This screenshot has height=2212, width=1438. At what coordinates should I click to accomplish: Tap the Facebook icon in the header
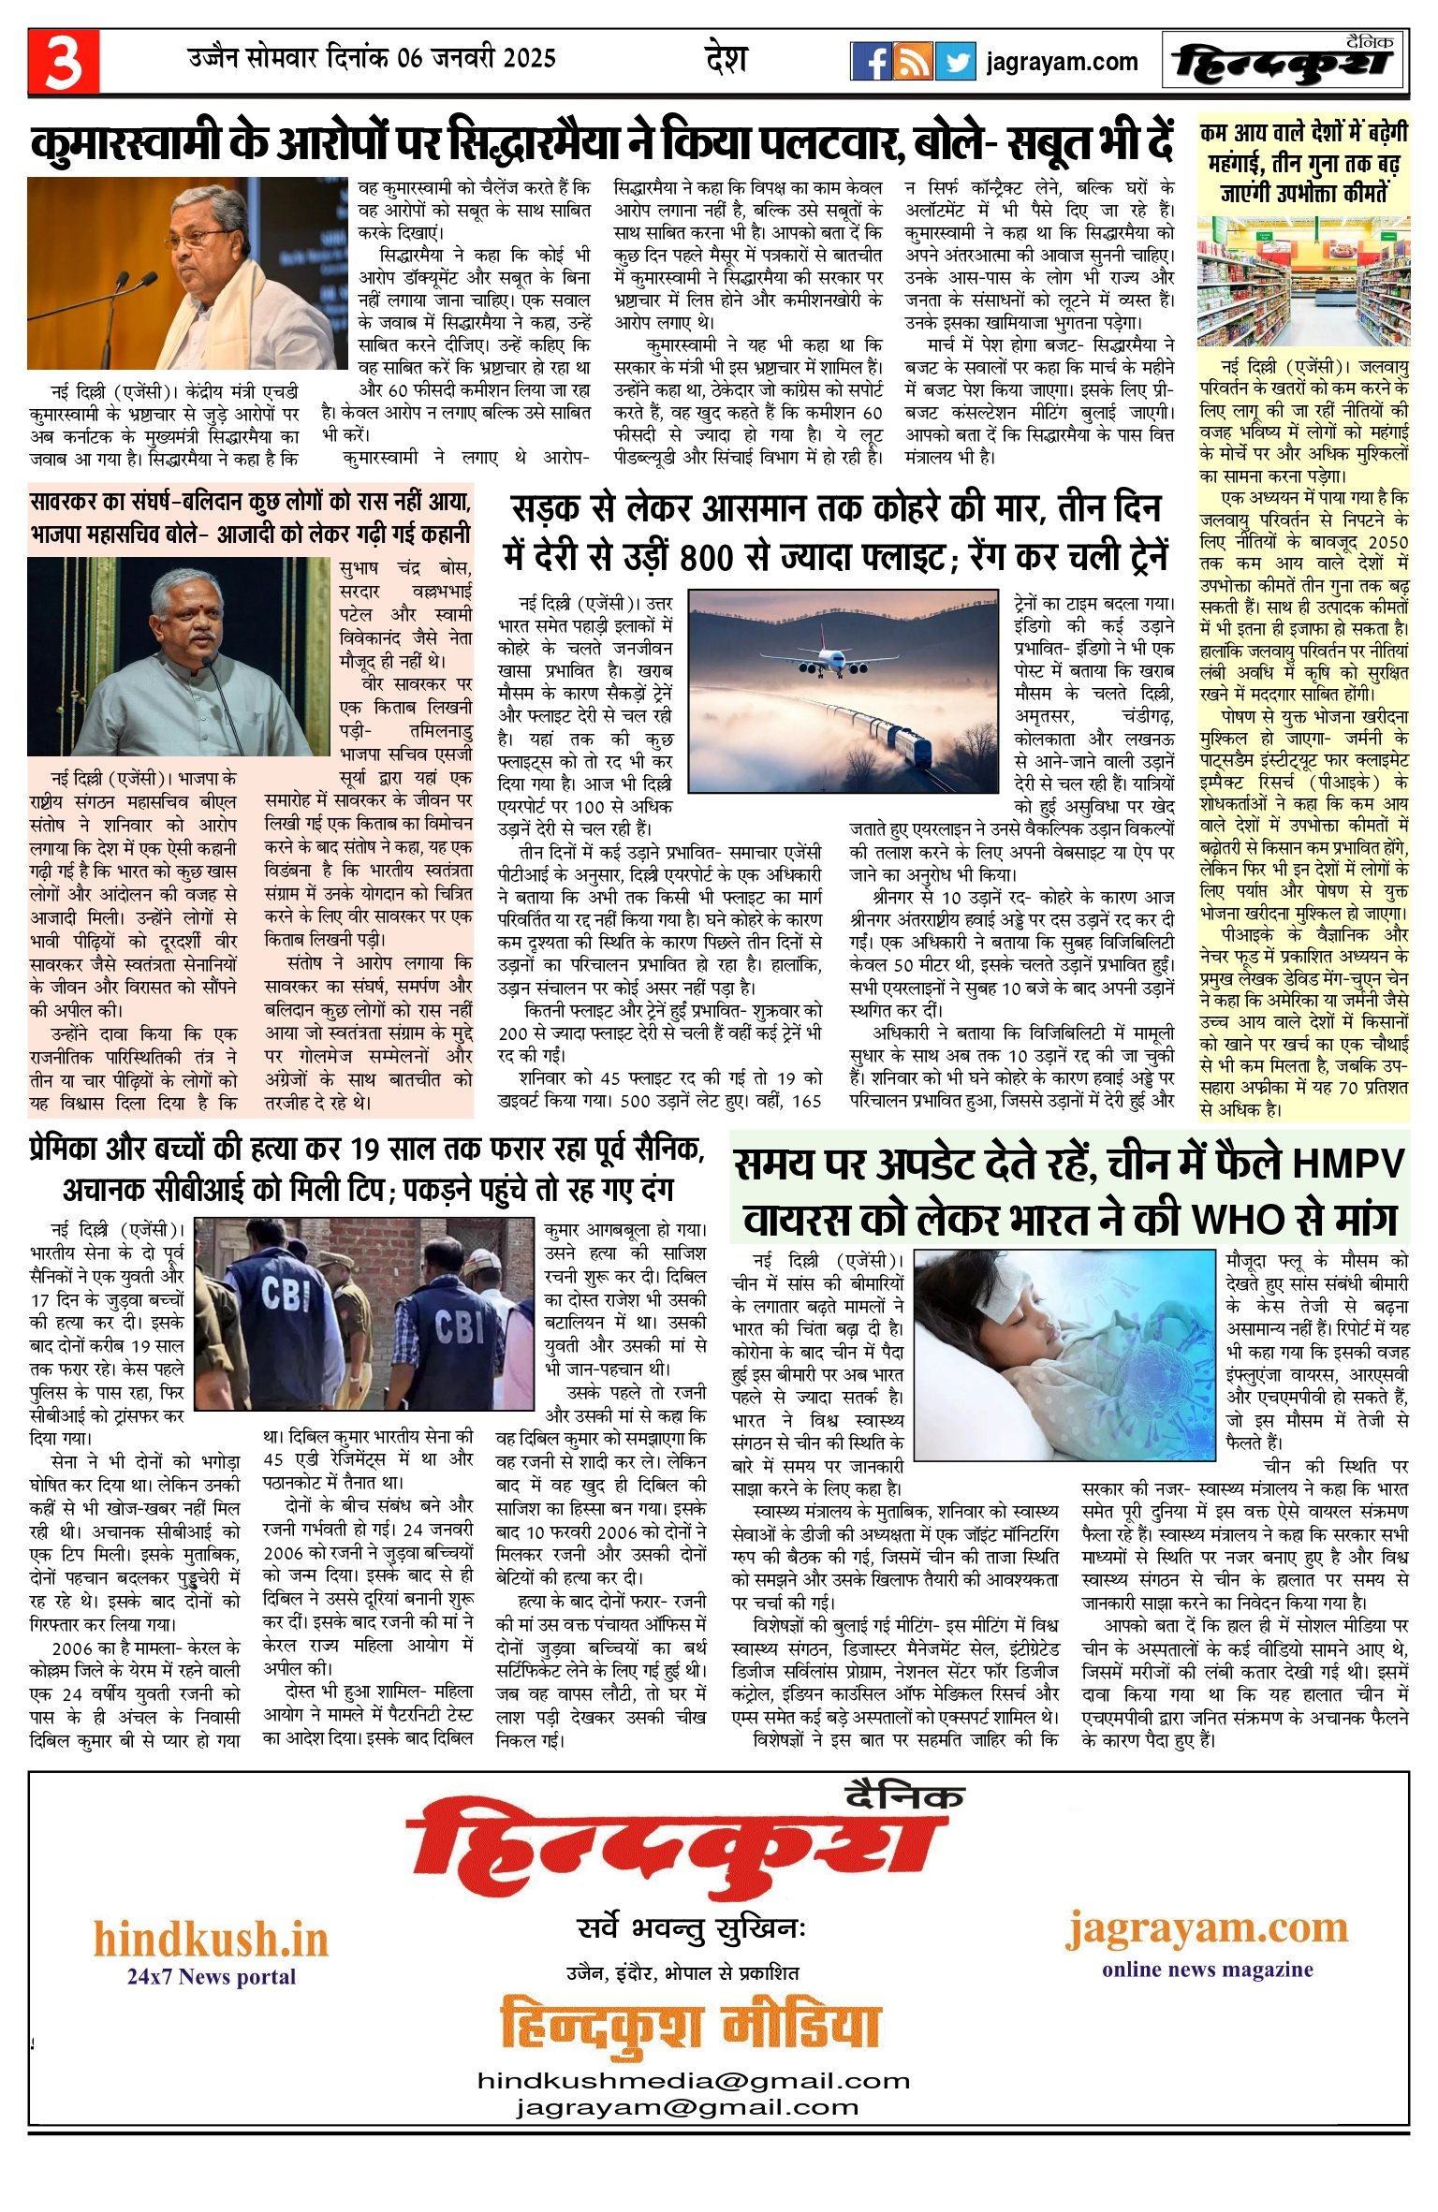pos(871,62)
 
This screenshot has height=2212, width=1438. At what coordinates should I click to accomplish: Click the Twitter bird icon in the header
pos(955,62)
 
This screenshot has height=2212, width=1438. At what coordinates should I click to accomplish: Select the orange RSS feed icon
pos(913,62)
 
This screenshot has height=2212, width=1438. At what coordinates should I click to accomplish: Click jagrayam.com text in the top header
pos(1062,63)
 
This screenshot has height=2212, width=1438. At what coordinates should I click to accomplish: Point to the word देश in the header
pos(726,59)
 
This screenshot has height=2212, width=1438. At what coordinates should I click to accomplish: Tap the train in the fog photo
pos(871,730)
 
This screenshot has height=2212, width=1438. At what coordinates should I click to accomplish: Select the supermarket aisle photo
pos(1303,282)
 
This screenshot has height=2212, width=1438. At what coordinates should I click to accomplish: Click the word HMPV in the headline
pos(1348,1164)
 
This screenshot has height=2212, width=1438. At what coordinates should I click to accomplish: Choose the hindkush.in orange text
pos(211,1939)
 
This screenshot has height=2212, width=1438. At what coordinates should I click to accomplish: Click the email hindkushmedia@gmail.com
pos(694,2080)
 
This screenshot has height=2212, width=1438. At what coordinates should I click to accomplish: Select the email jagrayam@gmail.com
pos(686,2106)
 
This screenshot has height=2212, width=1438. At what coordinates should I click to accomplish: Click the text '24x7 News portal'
pos(211,1976)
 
